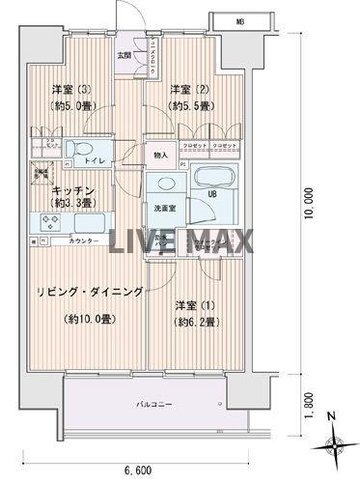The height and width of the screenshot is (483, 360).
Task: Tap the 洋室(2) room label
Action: [187, 91]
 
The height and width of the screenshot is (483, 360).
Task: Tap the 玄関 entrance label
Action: [125, 55]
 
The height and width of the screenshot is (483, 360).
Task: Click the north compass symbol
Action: [333, 444]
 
